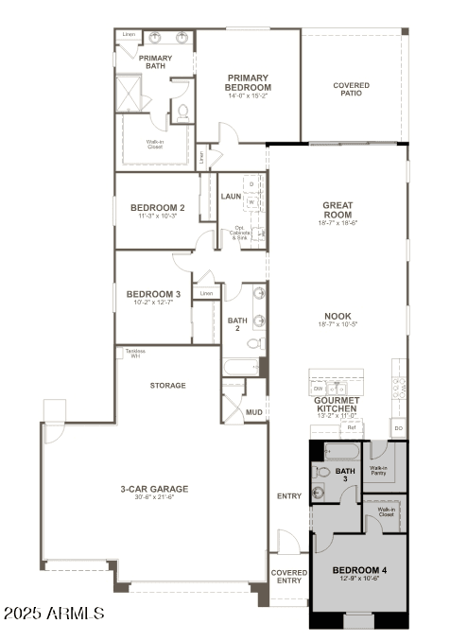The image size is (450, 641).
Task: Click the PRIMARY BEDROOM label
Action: coord(247,82)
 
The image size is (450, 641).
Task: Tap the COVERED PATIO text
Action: coord(351,90)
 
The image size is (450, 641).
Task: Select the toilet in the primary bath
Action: coord(183,111)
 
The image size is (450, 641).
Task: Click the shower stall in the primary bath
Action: coord(128,92)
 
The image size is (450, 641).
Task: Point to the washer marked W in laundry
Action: coord(251,201)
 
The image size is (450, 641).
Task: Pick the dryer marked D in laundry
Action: coord(251,184)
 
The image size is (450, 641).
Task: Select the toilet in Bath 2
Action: coord(254,343)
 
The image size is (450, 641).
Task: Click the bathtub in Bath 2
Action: coord(240,366)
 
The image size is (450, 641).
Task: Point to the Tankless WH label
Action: coord(132,354)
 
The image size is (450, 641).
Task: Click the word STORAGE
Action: coord(167,386)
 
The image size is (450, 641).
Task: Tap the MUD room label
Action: coord(253,412)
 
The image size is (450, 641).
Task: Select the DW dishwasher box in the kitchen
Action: coord(319,389)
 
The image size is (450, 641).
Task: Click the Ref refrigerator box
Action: coord(351,427)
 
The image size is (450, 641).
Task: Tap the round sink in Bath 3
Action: coord(319,491)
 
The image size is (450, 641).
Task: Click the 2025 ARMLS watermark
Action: coord(53,614)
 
